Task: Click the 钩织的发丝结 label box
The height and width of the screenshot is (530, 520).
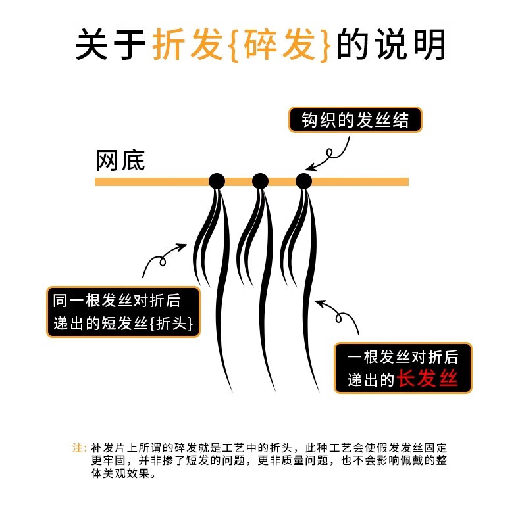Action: coord(355,120)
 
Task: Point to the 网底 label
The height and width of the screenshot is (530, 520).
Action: coord(120,160)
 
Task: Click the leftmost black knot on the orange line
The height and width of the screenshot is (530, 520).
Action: coord(217,181)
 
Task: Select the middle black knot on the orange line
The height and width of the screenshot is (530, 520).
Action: coord(260,181)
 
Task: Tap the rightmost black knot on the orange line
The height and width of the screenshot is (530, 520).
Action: coord(303,181)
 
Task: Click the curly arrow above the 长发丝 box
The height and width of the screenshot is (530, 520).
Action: coord(338,316)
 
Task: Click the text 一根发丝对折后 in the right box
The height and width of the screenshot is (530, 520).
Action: coord(402,356)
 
